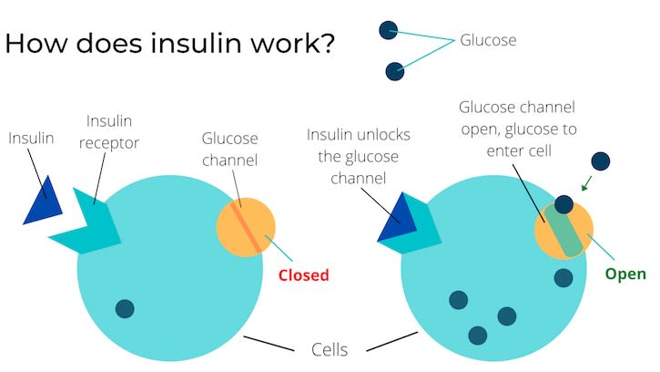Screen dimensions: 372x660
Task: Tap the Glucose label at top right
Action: point(488,40)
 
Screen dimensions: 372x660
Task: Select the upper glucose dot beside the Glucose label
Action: point(389,30)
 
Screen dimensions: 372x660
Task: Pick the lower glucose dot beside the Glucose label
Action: point(394,70)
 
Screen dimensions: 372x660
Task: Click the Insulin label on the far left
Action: point(32,139)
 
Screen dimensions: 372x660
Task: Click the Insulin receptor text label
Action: point(116,135)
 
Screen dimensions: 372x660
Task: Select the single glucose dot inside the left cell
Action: point(125,309)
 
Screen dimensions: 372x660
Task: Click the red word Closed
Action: point(303,274)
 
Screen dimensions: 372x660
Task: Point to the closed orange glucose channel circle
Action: point(246,227)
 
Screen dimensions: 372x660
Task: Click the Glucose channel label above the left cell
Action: point(230,150)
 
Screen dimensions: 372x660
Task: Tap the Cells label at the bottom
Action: point(330,349)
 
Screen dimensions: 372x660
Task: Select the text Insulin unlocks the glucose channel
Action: point(359,155)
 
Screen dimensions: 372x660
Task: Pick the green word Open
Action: point(625,274)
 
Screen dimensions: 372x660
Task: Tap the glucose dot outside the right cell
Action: point(600,161)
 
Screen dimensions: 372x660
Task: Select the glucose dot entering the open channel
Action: point(564,205)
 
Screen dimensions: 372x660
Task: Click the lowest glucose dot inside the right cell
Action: point(476,335)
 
